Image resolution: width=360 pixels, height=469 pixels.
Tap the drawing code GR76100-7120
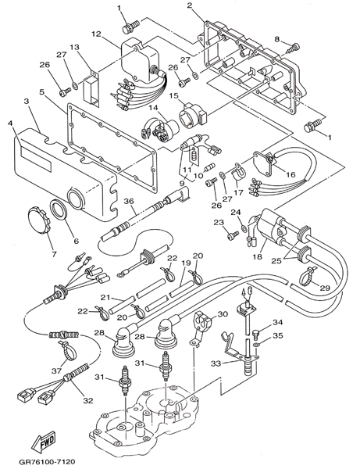[47, 462]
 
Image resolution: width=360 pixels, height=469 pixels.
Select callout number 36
[129, 202]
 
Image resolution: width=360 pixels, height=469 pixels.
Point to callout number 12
[97, 34]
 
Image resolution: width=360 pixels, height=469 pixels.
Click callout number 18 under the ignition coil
[258, 256]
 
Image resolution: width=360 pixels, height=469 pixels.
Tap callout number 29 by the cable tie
[325, 288]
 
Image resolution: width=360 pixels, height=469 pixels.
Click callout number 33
[216, 363]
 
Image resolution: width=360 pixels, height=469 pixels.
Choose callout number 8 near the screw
[277, 39]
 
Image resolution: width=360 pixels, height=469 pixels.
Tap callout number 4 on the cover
[11, 123]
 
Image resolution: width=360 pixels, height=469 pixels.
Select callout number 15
[173, 95]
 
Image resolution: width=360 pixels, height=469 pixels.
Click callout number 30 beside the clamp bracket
[223, 314]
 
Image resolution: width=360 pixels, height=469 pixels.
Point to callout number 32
[87, 400]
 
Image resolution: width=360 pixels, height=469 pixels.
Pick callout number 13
[75, 47]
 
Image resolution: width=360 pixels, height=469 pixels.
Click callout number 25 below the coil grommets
[276, 261]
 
